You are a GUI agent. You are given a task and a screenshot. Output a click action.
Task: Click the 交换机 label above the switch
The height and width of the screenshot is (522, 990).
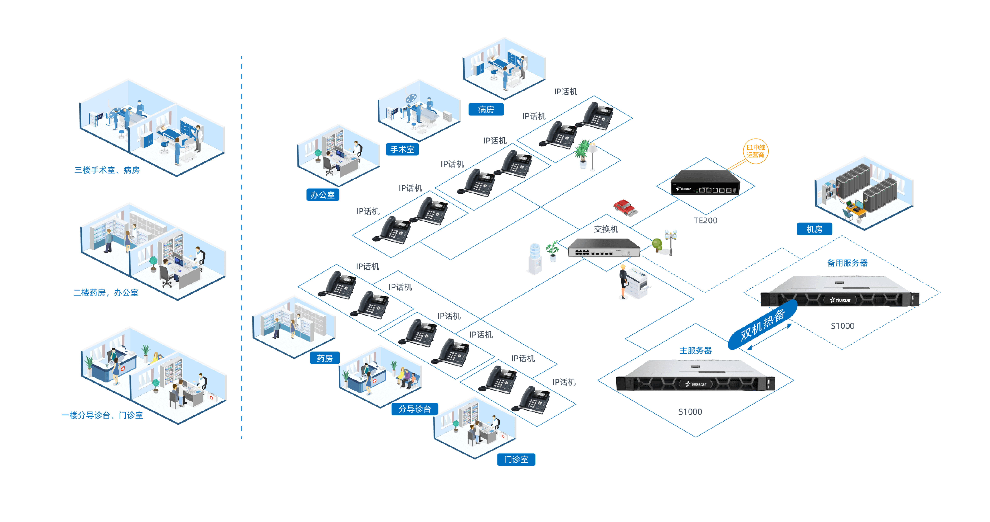click(606, 229)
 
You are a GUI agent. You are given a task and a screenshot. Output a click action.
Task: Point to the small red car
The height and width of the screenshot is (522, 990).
click(625, 207)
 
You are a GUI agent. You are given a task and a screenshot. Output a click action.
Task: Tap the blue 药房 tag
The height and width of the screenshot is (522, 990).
click(324, 358)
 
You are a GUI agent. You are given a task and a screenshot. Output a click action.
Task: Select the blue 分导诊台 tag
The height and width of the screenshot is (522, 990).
click(414, 409)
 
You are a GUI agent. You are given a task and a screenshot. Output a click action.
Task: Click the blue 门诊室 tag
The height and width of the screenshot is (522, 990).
click(516, 459)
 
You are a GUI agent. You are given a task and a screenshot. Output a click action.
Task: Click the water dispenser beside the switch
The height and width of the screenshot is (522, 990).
click(535, 258)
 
